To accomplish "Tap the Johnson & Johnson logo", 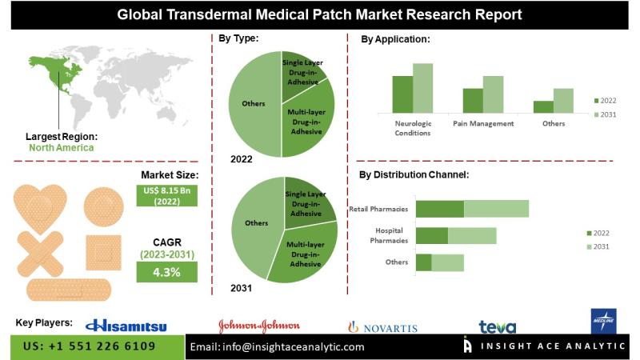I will pyautogui.click(x=259, y=325).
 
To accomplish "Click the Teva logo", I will pyautogui.click(x=497, y=326).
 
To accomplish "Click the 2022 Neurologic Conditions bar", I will pyautogui.click(x=402, y=94).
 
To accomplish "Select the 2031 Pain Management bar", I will pyautogui.click(x=494, y=94).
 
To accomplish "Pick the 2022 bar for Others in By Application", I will pyautogui.click(x=543, y=106).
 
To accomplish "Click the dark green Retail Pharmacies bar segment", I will pyautogui.click(x=440, y=209).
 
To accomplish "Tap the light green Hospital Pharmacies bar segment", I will pyautogui.click(x=472, y=235).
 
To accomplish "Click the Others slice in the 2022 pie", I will pyautogui.click(x=254, y=103).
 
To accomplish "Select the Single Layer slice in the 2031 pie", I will pyautogui.click(x=307, y=199).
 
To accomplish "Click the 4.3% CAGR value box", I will pyautogui.click(x=166, y=272).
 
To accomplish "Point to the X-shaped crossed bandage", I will pyautogui.click(x=42, y=252).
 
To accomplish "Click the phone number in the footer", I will pyautogui.click(x=89, y=346).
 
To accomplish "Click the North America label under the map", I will pyautogui.click(x=62, y=147).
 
